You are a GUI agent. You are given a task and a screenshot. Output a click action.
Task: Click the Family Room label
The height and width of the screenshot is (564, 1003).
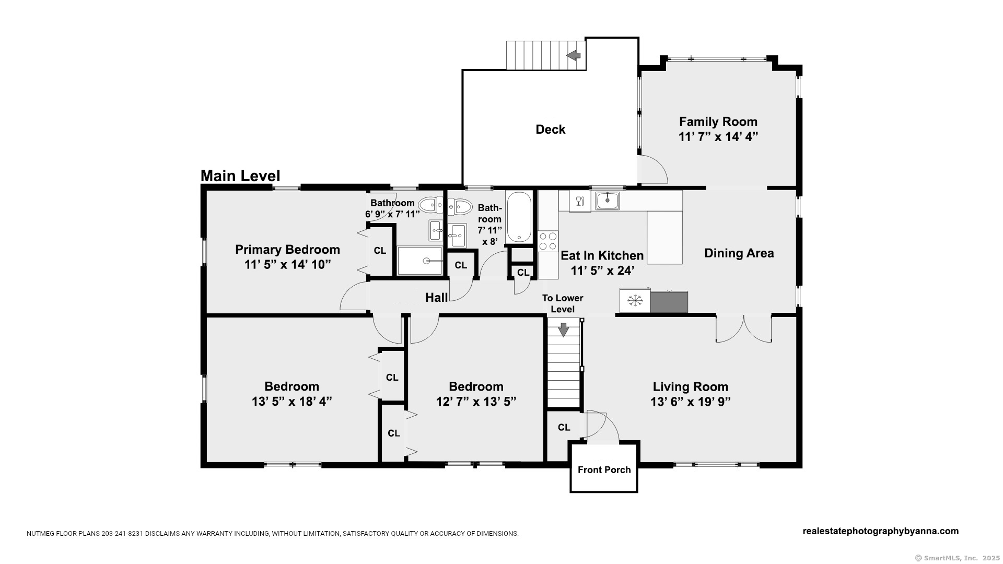click(718, 122)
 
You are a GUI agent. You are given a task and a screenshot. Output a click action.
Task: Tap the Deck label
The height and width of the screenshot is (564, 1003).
click(551, 130)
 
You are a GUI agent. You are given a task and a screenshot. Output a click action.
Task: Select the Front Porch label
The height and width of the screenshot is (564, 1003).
click(604, 469)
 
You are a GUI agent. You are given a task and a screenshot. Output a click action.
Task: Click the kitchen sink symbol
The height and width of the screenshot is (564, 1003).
click(608, 201)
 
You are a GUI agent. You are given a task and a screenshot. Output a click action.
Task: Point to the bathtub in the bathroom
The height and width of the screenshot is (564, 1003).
click(519, 217)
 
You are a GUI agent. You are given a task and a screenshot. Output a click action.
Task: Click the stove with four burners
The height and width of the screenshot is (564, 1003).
click(548, 242)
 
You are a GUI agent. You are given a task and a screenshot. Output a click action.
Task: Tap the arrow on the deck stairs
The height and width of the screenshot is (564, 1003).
click(574, 55)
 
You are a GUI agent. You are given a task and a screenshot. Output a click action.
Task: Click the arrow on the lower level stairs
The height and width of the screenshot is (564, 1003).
click(564, 330)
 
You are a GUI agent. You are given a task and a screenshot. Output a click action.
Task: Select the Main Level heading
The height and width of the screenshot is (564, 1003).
click(240, 176)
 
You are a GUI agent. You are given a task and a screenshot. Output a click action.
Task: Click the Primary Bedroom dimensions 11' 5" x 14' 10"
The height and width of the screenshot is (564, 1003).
click(288, 265)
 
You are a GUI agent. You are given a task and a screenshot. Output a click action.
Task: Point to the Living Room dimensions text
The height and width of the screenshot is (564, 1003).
click(691, 402)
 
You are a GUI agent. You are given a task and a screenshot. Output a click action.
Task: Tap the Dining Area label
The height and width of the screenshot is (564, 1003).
click(739, 253)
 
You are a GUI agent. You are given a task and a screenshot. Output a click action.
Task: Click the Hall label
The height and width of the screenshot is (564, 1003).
click(436, 298)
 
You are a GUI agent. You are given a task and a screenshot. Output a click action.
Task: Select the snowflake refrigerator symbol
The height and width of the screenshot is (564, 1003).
click(635, 301)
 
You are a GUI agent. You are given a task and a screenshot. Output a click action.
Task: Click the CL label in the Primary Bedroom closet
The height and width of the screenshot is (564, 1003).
click(380, 251)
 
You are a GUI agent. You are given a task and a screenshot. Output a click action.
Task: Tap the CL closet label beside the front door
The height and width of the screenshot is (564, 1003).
click(564, 428)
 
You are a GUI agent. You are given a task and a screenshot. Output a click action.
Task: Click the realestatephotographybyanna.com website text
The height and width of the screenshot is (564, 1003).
click(881, 531)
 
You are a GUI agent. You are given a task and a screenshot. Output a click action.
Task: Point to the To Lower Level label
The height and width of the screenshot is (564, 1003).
click(563, 303)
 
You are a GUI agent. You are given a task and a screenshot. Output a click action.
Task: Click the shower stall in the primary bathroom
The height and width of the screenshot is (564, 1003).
click(419, 261)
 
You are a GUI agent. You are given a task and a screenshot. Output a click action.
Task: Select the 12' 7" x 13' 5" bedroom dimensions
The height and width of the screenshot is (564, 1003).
click(476, 402)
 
